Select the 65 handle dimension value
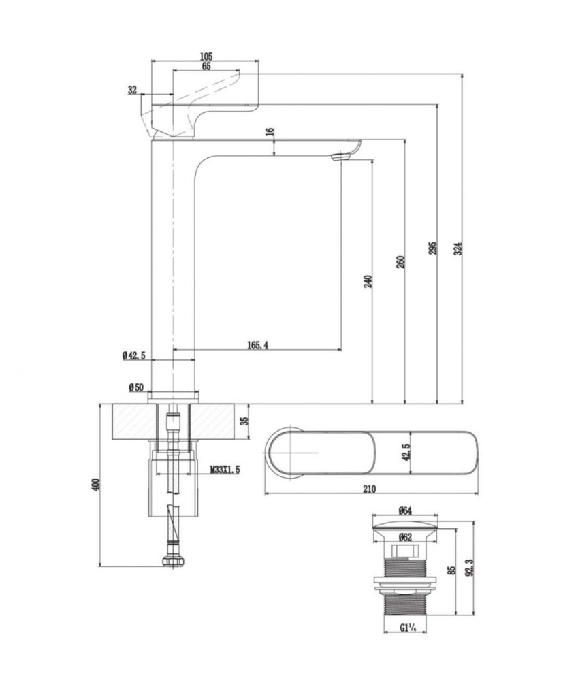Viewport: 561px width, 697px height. (x=206, y=66)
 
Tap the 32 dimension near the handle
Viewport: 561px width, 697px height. (x=132, y=89)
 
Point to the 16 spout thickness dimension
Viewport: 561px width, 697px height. (x=270, y=131)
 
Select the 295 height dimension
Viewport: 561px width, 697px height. (x=432, y=248)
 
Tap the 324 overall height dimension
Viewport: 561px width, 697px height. (x=458, y=249)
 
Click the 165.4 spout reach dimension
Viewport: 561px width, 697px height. (x=257, y=346)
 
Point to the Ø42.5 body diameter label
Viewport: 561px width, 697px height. (x=135, y=355)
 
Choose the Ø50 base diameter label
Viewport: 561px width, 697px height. (x=135, y=387)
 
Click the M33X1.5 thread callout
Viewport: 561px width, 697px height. (x=225, y=470)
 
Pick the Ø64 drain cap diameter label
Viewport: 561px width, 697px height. (x=406, y=511)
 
